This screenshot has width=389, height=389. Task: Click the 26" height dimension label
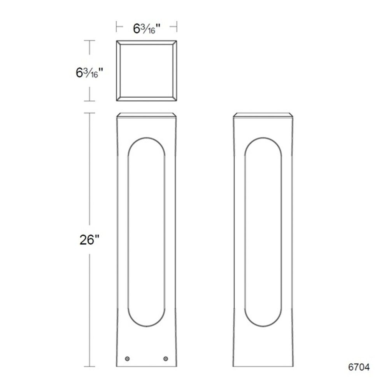pyautogui.click(x=89, y=240)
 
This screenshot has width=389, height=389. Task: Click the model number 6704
pyautogui.click(x=359, y=367)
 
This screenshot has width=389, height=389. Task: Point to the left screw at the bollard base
pyautogui.click(x=127, y=359)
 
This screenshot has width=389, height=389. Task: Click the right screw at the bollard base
pyautogui.click(x=166, y=359)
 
